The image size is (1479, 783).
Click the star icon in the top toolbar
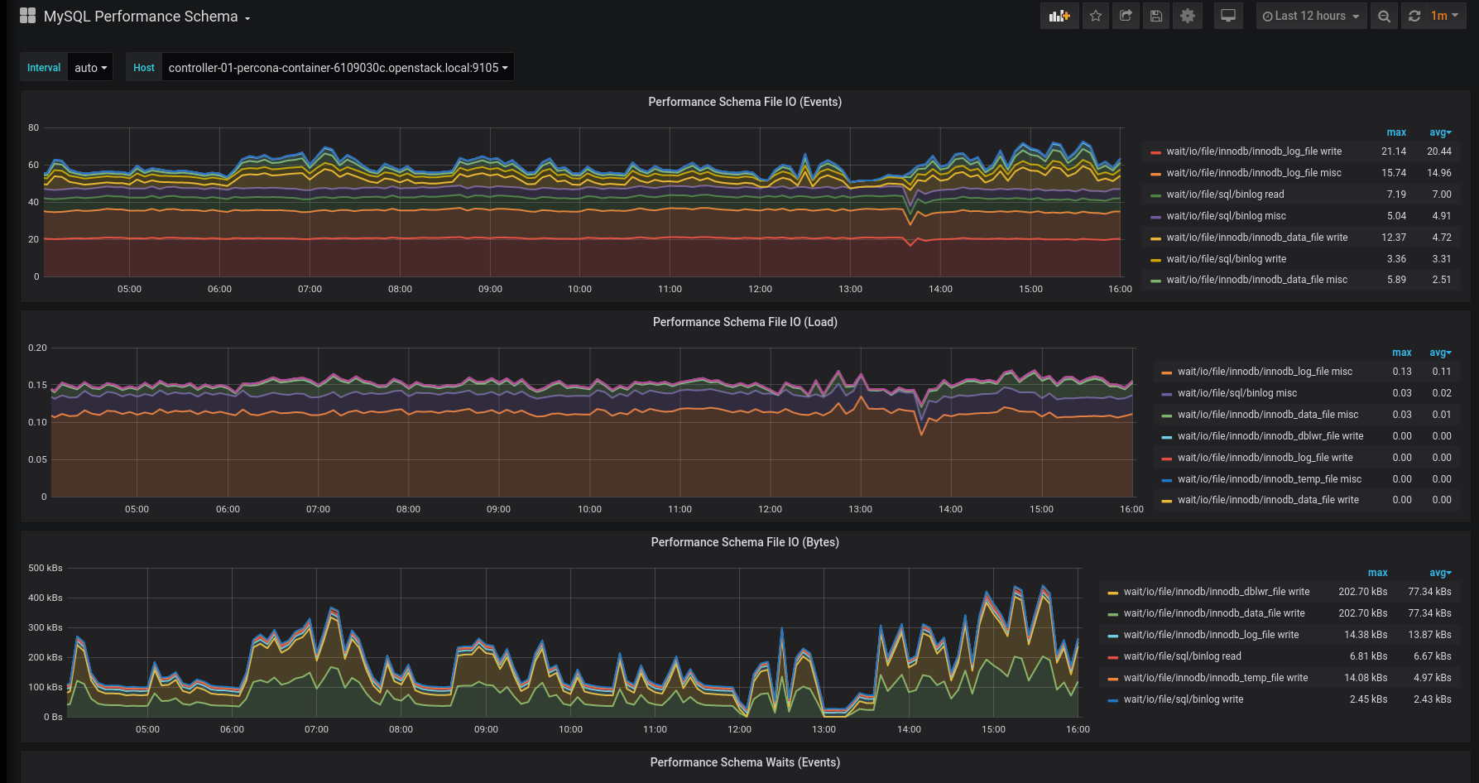click(x=1096, y=16)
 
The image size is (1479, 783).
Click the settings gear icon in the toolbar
click(x=1188, y=16)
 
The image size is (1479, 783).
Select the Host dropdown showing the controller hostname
click(x=338, y=68)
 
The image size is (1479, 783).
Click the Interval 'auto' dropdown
click(x=90, y=68)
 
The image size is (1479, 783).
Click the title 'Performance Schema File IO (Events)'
click(x=745, y=102)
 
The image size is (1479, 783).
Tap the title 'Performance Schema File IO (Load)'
click(x=745, y=322)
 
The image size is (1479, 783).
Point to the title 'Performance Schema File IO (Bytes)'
click(x=745, y=542)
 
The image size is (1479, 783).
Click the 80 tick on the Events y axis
click(x=33, y=127)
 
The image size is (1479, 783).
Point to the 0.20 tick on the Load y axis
click(x=37, y=348)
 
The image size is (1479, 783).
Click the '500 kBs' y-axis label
click(x=46, y=568)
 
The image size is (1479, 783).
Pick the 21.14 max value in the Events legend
click(x=1394, y=151)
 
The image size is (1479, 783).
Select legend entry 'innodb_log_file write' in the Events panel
click(x=1254, y=151)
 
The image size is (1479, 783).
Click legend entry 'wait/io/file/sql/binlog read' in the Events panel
click(x=1225, y=195)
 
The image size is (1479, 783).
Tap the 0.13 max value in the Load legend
click(x=1402, y=372)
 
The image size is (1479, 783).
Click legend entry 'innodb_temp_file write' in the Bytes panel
click(x=1216, y=678)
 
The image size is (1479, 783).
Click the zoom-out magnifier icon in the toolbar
click(x=1384, y=16)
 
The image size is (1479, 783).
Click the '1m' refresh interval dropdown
click(x=1444, y=16)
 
